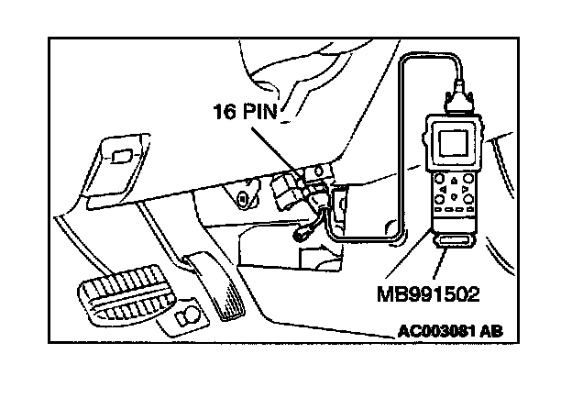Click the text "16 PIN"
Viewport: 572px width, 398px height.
click(x=245, y=111)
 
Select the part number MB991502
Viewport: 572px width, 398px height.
click(x=428, y=294)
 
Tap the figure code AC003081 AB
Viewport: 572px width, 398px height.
click(x=450, y=332)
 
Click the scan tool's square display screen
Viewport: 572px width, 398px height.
click(x=453, y=143)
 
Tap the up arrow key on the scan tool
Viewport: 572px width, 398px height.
click(x=454, y=180)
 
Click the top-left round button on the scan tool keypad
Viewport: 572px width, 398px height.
click(x=439, y=179)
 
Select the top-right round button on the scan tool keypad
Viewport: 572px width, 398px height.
click(x=469, y=179)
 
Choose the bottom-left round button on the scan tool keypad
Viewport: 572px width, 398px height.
click(x=439, y=199)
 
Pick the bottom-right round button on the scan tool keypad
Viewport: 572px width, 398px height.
click(x=468, y=199)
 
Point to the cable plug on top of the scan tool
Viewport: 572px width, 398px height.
click(x=459, y=98)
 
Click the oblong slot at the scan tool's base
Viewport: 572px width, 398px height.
click(x=454, y=241)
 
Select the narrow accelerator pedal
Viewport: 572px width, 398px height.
click(x=215, y=285)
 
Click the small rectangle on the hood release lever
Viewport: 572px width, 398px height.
click(x=121, y=156)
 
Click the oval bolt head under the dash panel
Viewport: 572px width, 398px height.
click(x=242, y=199)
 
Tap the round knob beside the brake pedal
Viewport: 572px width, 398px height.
click(x=188, y=315)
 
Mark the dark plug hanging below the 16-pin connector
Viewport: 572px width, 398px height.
click(x=301, y=234)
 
